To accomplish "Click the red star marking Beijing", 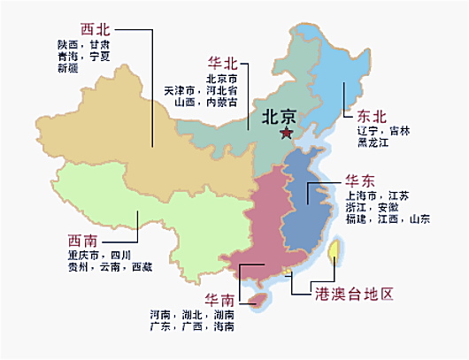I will [285, 134].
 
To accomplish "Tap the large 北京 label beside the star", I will [279, 116].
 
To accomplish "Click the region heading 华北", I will [221, 64].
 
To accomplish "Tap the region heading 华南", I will [220, 297].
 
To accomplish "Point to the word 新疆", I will [69, 68].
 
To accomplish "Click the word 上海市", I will [364, 195].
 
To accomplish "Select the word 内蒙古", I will [221, 102].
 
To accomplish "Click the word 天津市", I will [181, 90].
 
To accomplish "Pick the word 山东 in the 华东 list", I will [419, 218].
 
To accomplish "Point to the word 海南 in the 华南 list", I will [223, 326].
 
